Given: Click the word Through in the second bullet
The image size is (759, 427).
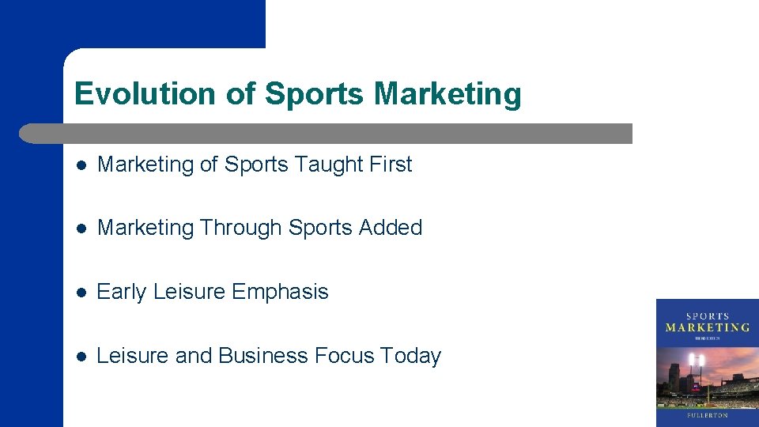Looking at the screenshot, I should coord(240,228).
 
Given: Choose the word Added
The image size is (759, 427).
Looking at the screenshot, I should coord(391,228).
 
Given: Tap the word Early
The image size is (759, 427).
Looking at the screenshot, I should coord(122,292).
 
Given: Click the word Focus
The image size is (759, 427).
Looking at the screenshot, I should coord(344,356).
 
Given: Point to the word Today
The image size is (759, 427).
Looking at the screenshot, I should coord(410,356).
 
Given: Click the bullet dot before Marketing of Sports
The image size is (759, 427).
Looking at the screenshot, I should coord(81,165).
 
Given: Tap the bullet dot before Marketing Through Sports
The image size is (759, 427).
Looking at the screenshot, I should coord(81,229).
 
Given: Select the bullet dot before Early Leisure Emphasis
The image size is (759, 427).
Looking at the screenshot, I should coord(81,293).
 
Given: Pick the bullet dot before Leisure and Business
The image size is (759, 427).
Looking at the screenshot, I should coord(81,357).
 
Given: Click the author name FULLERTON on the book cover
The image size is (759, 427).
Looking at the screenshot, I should coord(708,415).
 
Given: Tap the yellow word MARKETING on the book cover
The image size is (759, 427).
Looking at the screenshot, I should coord(708,327).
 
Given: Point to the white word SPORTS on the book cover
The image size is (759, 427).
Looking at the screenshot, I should coord(708,316).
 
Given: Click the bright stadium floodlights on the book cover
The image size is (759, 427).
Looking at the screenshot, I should coord(697,360).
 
